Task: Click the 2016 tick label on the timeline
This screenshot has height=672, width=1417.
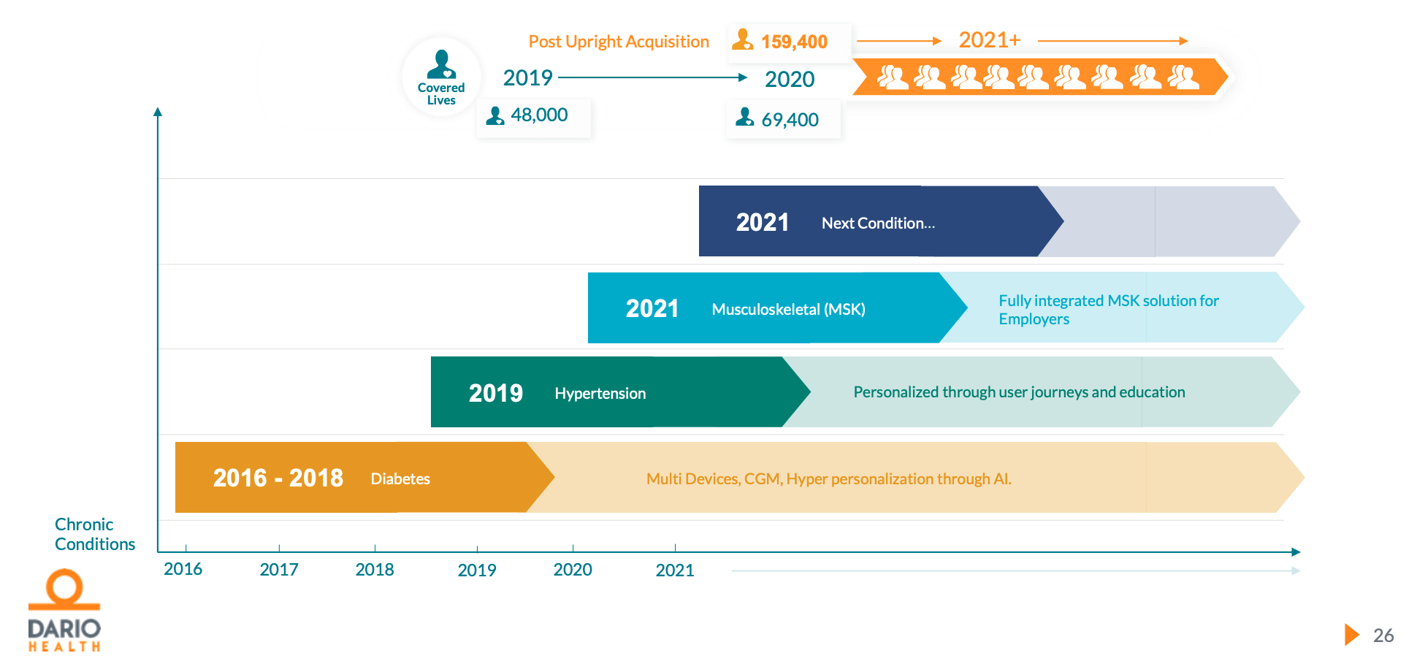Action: click(183, 569)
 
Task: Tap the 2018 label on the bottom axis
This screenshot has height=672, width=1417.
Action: click(375, 570)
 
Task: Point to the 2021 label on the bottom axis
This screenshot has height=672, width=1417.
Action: click(675, 570)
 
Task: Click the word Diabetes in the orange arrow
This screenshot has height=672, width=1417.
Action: click(400, 479)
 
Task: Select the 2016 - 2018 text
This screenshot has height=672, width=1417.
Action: click(278, 478)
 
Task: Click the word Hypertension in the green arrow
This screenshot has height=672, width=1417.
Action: click(600, 394)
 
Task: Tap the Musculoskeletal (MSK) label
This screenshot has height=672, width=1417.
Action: click(788, 310)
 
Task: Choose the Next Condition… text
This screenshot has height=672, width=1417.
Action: click(878, 224)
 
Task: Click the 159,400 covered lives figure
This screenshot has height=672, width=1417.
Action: click(793, 42)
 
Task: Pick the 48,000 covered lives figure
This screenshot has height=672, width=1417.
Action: click(539, 115)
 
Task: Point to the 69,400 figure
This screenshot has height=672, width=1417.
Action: click(790, 120)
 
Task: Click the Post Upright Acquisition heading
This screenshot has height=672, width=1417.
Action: click(619, 42)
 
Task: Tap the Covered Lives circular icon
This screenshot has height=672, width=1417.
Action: click(441, 77)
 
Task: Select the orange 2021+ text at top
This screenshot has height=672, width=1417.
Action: click(990, 40)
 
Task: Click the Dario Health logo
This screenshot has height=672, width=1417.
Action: click(64, 611)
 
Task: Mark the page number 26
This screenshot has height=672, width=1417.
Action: click(1383, 635)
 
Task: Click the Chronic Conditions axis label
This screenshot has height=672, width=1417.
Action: click(94, 534)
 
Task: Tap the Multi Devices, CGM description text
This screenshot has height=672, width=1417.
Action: click(828, 479)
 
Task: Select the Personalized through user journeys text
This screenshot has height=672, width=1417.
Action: click(1019, 392)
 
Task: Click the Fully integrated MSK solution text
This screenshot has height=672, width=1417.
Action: click(1108, 310)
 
